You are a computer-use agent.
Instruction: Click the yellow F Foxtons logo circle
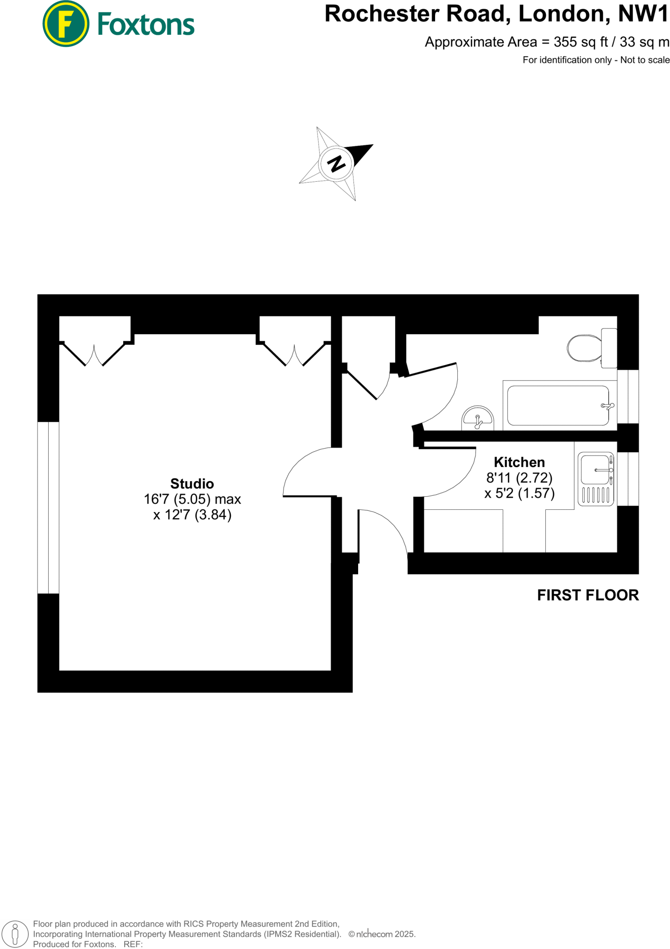pyautogui.click(x=66, y=24)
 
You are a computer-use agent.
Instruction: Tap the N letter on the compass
pyautogui.click(x=336, y=163)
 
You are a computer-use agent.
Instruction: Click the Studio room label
pyautogui.click(x=192, y=484)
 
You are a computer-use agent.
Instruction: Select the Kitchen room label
pyautogui.click(x=519, y=462)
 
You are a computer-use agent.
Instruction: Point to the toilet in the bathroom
pyautogui.click(x=585, y=348)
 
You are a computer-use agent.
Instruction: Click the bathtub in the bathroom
pyautogui.click(x=558, y=405)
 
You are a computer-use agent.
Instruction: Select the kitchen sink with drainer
pyautogui.click(x=596, y=479)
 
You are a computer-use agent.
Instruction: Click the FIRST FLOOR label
pyautogui.click(x=588, y=595)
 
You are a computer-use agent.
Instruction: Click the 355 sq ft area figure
pyautogui.click(x=581, y=42)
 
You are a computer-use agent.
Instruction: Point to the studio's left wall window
pyautogui.click(x=48, y=507)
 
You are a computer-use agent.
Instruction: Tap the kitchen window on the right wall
pyautogui.click(x=628, y=479)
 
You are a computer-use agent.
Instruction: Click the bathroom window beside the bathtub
pyautogui.click(x=628, y=396)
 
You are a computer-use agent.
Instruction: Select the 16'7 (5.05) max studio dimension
pyautogui.click(x=192, y=499)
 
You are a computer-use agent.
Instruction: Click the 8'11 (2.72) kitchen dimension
pyautogui.click(x=519, y=477)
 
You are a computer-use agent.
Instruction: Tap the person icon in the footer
pyautogui.click(x=15, y=934)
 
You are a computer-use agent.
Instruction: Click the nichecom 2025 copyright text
pyautogui.click(x=382, y=934)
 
